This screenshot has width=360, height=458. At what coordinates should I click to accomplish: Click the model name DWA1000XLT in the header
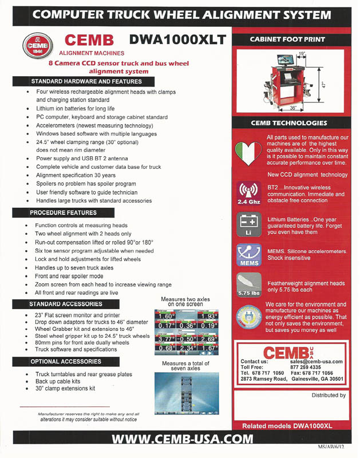pyautogui.click(x=178, y=40)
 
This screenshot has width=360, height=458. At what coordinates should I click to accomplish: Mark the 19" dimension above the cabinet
pyautogui.click(x=300, y=53)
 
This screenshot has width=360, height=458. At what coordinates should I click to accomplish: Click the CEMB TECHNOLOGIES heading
pyautogui.click(x=288, y=123)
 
